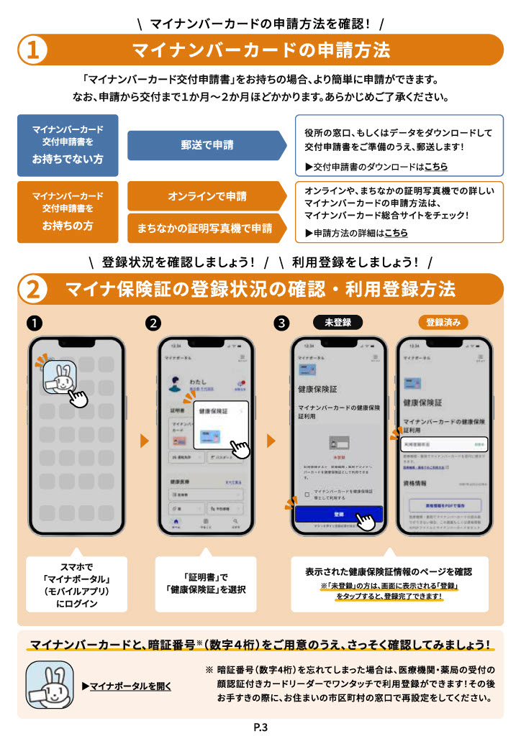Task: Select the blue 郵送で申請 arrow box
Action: [x=206, y=145]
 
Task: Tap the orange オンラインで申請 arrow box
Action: [x=206, y=196]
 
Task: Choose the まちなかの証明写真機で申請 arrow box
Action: [x=206, y=228]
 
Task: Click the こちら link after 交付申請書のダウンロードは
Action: [x=435, y=167]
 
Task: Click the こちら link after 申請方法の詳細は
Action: [x=396, y=233]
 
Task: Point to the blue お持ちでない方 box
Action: [x=68, y=145]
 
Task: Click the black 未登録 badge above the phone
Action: [x=337, y=322]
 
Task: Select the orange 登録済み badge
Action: [x=443, y=322]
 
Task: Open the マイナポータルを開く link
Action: [x=130, y=686]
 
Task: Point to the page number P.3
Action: [x=260, y=727]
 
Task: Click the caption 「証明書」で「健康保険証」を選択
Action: [x=206, y=584]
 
